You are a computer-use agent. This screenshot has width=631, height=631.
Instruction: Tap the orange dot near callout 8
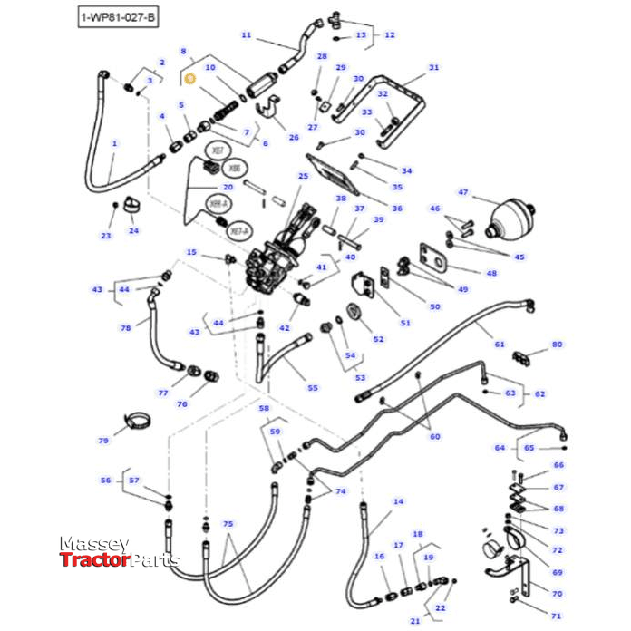tap(189, 80)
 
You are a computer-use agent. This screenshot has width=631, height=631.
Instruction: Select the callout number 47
tap(462, 193)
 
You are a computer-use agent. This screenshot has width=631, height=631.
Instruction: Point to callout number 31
tap(433, 68)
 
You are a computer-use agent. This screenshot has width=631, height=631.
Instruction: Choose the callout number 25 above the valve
tap(303, 176)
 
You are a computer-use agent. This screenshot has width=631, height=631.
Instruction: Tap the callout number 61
tap(500, 345)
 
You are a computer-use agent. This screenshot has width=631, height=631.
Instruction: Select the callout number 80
tap(557, 345)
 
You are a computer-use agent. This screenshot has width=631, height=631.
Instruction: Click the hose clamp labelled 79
tap(138, 421)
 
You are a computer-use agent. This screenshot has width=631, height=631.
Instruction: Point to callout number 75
tap(228, 525)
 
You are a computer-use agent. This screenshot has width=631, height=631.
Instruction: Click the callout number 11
tap(246, 35)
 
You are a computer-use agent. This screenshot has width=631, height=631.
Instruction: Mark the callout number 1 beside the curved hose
tap(114, 144)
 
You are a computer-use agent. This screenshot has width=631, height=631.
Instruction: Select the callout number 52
tap(379, 339)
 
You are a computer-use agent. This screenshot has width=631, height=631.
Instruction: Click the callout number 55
tap(312, 388)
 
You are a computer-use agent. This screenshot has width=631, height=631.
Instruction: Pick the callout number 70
tap(558, 593)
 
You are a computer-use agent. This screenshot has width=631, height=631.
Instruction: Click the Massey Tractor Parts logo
tap(118, 552)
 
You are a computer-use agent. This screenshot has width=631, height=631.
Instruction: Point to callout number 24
tap(134, 230)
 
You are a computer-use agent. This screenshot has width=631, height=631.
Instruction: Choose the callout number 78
tap(126, 327)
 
